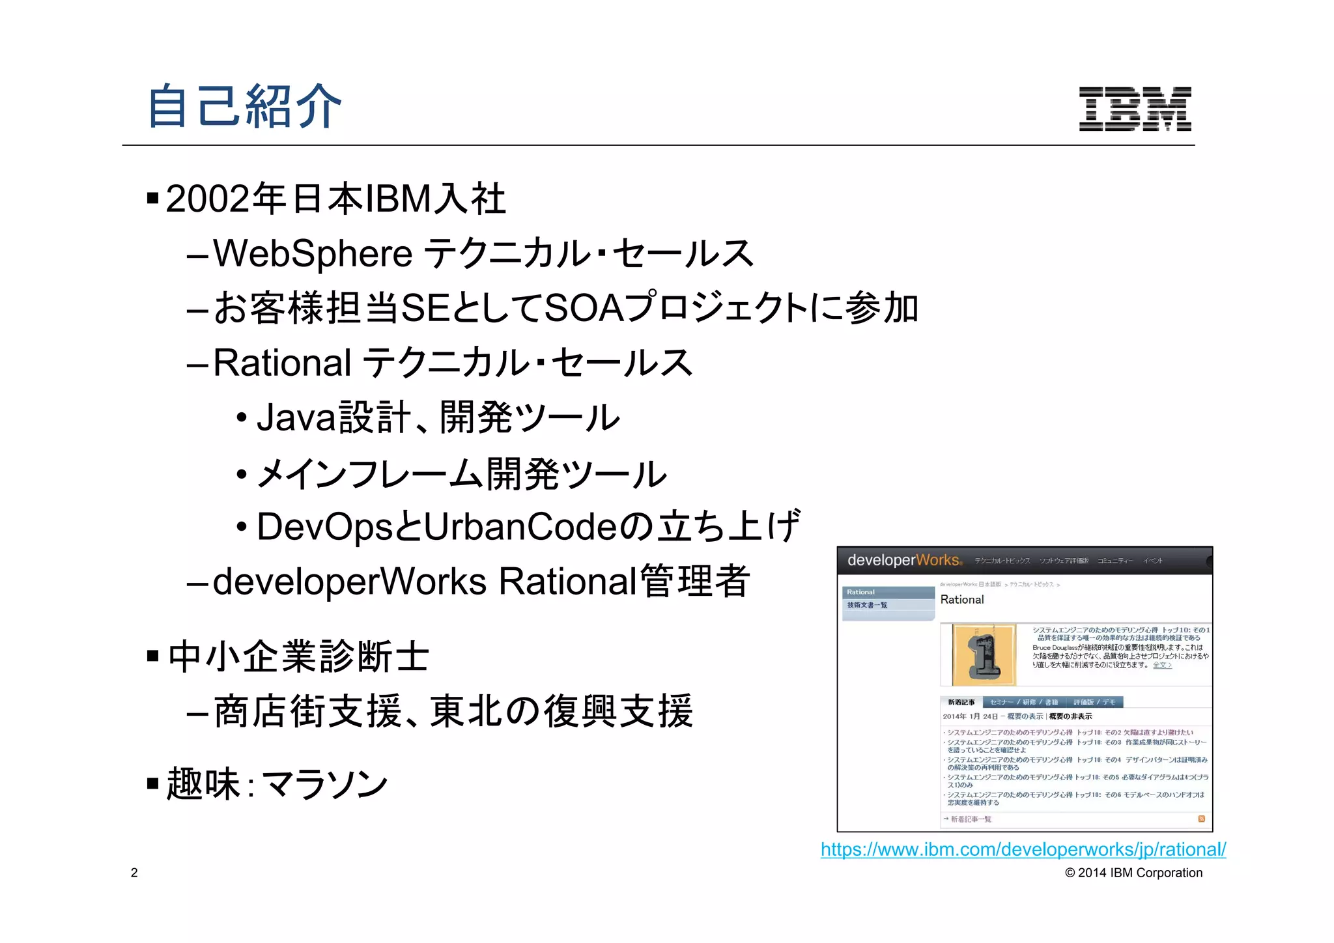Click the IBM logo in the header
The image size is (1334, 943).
tap(1135, 109)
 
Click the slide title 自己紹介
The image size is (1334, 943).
tap(245, 106)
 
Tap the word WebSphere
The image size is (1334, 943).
tap(313, 253)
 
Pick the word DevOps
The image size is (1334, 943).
tap(325, 527)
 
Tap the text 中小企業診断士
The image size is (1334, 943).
tap(299, 656)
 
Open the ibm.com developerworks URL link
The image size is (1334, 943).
tap(1023, 849)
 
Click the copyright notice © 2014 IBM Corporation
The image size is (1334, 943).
tap(1133, 873)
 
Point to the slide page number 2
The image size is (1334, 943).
tap(134, 873)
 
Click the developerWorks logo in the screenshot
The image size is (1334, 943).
tap(904, 560)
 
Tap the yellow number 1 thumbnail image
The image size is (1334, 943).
tap(984, 654)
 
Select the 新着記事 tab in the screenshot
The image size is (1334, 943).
tap(961, 702)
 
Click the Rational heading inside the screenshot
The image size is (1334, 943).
tap(962, 600)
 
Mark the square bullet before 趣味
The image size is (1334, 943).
tap(153, 783)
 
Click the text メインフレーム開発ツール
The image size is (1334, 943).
tap(462, 473)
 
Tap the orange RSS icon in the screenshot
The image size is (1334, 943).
tap(1201, 819)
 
